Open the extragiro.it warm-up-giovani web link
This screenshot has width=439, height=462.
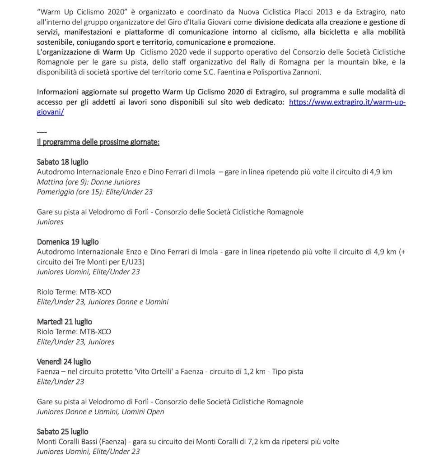[347, 102]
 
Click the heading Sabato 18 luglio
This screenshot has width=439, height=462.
[62, 162]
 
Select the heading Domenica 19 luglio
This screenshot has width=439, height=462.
[68, 242]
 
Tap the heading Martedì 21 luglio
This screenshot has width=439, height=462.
[64, 322]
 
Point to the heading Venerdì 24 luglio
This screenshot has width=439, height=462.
[64, 362]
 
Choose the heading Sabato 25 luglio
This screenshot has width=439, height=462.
[62, 431]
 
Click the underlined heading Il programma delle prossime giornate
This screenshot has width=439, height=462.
[98, 142]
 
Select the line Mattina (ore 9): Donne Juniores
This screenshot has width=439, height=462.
[89, 182]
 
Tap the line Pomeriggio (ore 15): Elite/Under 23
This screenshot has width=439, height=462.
[95, 192]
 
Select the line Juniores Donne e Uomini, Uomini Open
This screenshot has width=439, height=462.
[100, 411]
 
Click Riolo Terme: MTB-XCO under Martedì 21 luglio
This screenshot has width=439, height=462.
[74, 332]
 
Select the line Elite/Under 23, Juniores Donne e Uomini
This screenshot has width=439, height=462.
[103, 301]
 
